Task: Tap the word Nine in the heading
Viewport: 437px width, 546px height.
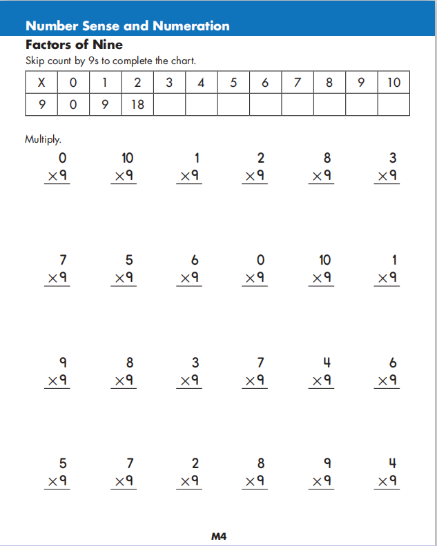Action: click(x=107, y=45)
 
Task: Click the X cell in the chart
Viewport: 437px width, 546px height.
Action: click(x=41, y=83)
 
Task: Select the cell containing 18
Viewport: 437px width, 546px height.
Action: click(x=137, y=105)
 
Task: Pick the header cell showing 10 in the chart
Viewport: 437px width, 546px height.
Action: click(x=394, y=83)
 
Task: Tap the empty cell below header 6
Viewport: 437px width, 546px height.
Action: click(x=265, y=105)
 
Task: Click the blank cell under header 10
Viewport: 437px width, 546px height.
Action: click(x=394, y=105)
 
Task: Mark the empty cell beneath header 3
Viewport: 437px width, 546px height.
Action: click(x=169, y=105)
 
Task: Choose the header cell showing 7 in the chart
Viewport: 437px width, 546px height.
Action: click(x=298, y=83)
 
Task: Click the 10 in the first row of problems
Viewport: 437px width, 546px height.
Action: click(x=127, y=159)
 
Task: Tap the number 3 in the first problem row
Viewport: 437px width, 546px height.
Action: click(x=393, y=159)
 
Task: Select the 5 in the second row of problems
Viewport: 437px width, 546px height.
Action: click(x=129, y=261)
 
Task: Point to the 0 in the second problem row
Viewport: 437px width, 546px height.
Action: click(x=260, y=261)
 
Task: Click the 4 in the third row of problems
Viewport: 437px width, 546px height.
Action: click(x=327, y=363)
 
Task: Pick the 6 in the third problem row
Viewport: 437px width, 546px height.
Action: click(x=393, y=363)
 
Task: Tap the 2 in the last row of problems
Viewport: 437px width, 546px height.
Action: click(x=195, y=463)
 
